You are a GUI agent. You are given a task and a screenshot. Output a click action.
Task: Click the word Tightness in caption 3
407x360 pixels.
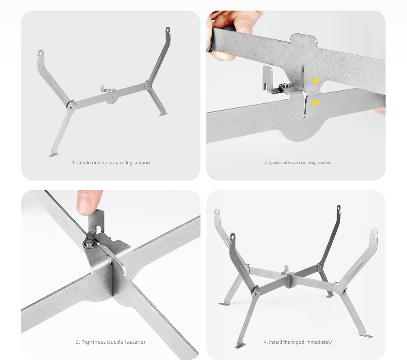(93, 342)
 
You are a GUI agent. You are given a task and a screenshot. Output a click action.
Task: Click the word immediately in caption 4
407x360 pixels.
(319, 342)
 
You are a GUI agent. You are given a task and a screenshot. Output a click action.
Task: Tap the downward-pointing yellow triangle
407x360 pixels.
(315, 81)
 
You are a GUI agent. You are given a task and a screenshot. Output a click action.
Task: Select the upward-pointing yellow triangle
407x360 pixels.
(315, 102)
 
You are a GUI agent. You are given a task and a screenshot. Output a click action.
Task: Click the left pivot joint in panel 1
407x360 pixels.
(71, 105)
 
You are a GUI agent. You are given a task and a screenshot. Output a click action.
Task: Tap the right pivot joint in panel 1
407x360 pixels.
(148, 85)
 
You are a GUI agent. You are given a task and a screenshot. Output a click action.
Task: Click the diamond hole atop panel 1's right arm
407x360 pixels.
(168, 30)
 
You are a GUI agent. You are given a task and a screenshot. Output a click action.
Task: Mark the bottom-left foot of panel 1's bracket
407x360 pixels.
(53, 155)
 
